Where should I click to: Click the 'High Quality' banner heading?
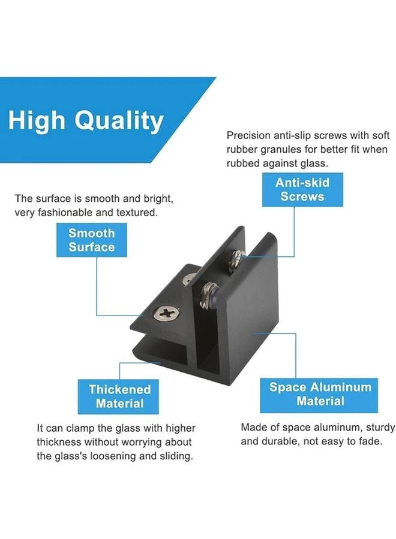[86, 120]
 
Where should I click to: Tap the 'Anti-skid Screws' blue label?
[302, 189]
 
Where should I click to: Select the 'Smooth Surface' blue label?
[91, 240]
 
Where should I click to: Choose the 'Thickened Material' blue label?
[119, 396]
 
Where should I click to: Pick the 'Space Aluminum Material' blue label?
[320, 394]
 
